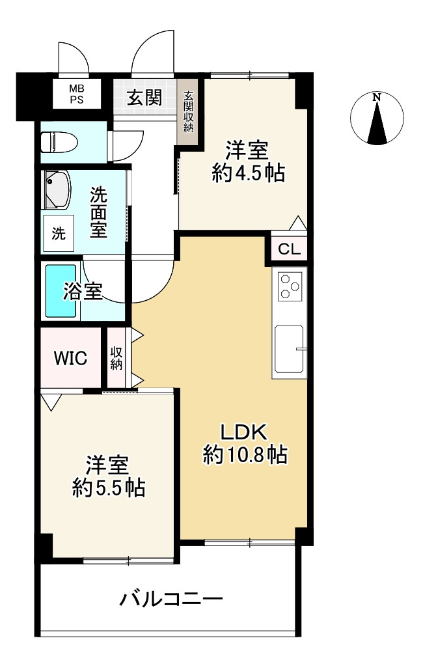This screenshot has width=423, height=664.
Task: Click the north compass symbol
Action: [377, 118]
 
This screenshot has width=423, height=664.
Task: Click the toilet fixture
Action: [58, 141]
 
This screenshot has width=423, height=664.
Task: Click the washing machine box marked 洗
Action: [59, 234]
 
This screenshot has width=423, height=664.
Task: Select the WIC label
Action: [70, 359]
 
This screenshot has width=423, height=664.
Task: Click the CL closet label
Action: [290, 249]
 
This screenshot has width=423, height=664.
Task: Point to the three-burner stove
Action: [290, 286]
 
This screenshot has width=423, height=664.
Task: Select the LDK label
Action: [243, 432]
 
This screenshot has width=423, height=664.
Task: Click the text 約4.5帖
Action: [247, 173]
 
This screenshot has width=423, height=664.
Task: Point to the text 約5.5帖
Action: [108, 488]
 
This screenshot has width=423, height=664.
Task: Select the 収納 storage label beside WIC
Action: [116, 359]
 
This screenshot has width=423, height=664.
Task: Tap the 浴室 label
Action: [83, 292]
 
